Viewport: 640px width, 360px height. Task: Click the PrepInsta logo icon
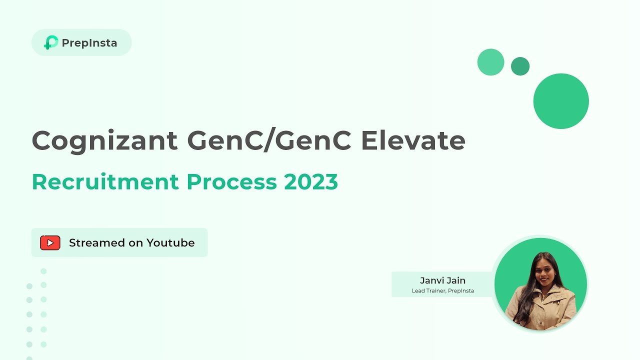pyautogui.click(x=50, y=42)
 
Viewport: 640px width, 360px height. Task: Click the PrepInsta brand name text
pyautogui.click(x=89, y=43)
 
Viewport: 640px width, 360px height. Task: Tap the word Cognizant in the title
pyautogui.click(x=104, y=140)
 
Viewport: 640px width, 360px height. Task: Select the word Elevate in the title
pyautogui.click(x=413, y=140)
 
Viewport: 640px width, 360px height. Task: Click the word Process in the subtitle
pyautogui.click(x=231, y=182)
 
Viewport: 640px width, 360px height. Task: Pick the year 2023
pyautogui.click(x=311, y=182)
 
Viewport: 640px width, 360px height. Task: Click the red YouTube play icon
pyautogui.click(x=50, y=243)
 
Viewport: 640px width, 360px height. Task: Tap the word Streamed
pyautogui.click(x=96, y=243)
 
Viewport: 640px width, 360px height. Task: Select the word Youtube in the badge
pyautogui.click(x=170, y=243)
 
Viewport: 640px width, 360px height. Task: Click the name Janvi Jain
pyautogui.click(x=442, y=280)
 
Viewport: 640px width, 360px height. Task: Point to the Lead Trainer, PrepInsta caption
pyautogui.click(x=442, y=290)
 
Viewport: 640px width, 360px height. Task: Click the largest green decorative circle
pyautogui.click(x=561, y=101)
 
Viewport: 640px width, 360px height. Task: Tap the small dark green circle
pyautogui.click(x=520, y=66)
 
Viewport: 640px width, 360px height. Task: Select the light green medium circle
pyautogui.click(x=490, y=62)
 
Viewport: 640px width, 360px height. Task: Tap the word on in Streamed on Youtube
pyautogui.click(x=135, y=243)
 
